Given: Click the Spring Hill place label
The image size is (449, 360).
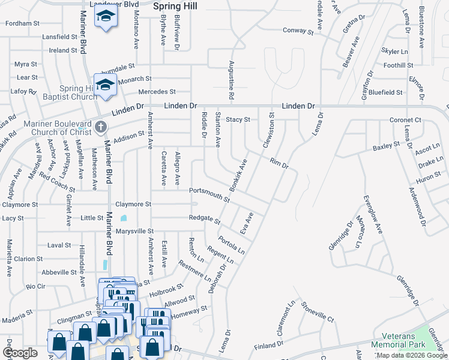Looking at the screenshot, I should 175,6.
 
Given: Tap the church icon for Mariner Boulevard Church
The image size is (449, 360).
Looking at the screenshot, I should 100,127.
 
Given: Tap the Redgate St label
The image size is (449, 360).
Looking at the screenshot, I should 204,219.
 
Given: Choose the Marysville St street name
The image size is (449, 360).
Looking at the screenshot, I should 134,231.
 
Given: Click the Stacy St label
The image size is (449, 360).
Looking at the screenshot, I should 238,119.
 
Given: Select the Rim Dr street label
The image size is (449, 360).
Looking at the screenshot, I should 280,163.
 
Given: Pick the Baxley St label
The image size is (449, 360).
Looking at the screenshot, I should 386,146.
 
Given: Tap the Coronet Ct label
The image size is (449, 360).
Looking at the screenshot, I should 405,120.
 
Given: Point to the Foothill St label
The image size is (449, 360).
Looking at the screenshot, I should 398,65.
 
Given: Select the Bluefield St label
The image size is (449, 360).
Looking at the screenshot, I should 385,92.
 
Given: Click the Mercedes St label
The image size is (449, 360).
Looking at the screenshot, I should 157,92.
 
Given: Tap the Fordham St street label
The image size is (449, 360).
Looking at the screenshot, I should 22,24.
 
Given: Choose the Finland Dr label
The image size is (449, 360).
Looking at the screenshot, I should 268,346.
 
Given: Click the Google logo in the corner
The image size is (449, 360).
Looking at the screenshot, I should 20,353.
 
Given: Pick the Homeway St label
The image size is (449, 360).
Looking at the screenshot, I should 189,311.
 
